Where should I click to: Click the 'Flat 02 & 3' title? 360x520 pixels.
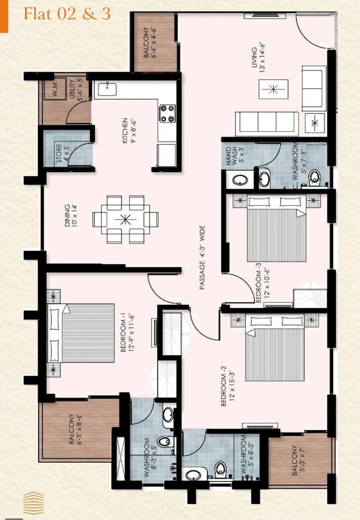tap(67, 14)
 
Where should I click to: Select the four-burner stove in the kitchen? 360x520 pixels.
tap(167, 114)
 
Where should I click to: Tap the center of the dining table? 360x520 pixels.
tap(125, 220)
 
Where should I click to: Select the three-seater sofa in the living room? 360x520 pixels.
tap(267, 123)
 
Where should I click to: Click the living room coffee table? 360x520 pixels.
tap(273, 89)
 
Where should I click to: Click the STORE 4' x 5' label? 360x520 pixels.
tap(63, 153)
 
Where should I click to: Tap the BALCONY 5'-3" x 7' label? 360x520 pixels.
tap(297, 460)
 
